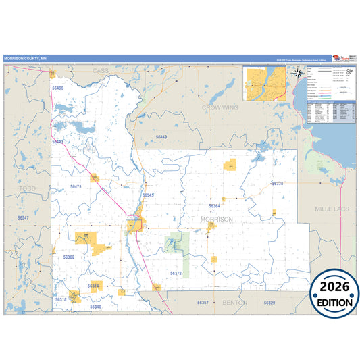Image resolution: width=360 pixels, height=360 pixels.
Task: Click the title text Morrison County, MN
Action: (26, 58)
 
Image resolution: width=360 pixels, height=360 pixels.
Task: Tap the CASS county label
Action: (100, 70)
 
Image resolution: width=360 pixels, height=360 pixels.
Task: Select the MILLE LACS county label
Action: (332, 209)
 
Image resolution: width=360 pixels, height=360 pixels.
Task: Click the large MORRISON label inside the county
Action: (216, 220)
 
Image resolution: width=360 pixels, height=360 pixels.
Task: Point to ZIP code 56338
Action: (277, 184)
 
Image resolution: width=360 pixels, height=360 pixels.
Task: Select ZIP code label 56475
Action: (76, 186)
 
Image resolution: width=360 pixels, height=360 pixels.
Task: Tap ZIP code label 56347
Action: (24, 217)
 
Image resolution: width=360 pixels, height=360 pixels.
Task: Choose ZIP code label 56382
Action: (69, 257)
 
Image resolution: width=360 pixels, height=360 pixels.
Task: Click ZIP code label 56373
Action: (176, 273)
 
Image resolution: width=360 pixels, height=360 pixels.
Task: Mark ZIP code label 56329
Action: (269, 303)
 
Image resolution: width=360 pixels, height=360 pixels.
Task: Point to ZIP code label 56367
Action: (203, 302)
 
